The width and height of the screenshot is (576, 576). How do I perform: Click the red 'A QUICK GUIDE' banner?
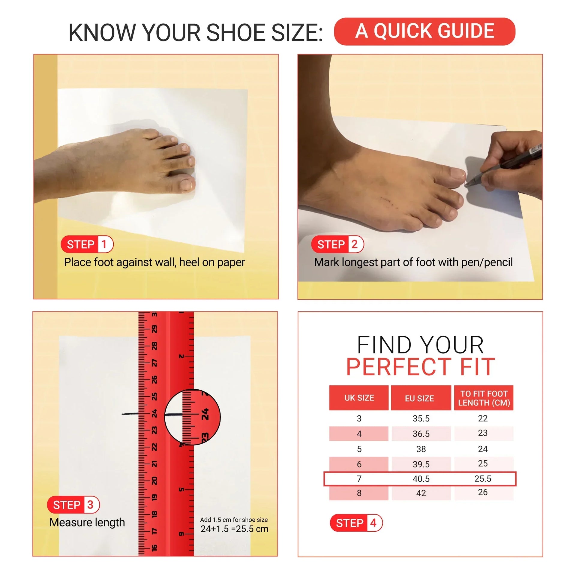point(424,31)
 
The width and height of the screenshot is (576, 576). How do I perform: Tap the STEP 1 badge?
point(87,244)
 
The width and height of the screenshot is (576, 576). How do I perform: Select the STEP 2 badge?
point(337,244)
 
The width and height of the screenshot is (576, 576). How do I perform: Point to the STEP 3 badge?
point(73,505)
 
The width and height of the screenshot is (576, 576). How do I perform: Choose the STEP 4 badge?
point(356,523)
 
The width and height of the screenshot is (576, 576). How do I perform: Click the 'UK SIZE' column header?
point(359,398)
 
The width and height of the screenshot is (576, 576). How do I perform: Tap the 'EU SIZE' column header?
point(421,398)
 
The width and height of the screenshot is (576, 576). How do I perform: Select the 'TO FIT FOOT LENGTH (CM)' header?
point(484,398)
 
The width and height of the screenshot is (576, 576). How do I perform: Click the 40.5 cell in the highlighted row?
point(421,478)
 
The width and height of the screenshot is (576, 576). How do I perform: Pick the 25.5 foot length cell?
point(483,478)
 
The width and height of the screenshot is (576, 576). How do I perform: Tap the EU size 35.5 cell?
point(421,418)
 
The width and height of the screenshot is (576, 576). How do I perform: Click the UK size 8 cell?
point(359,493)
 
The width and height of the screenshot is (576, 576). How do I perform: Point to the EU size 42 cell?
point(421,493)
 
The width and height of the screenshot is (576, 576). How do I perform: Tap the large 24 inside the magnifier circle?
point(205,414)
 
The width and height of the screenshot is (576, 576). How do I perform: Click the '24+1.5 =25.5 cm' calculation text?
point(234,529)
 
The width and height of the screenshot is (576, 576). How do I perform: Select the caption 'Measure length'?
point(87,522)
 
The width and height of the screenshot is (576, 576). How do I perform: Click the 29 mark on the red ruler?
point(154,329)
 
